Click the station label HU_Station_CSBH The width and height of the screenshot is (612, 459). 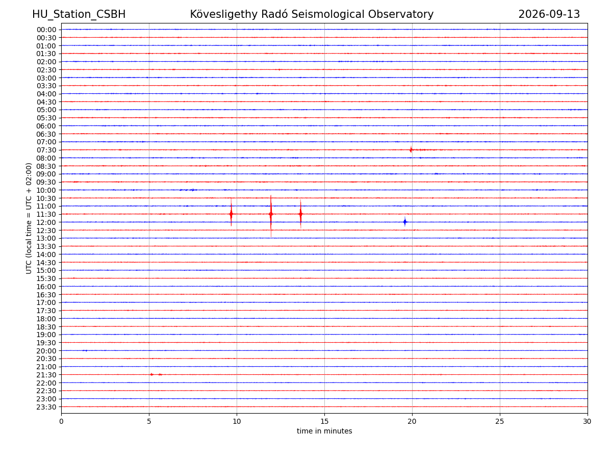pyautogui.click(x=79, y=14)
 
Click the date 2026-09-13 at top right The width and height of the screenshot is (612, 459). pyautogui.click(x=549, y=14)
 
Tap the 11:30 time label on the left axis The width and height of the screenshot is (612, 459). pyautogui.click(x=46, y=214)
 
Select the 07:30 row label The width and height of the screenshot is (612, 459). pyautogui.click(x=46, y=150)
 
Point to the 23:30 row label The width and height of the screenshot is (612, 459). pyautogui.click(x=46, y=407)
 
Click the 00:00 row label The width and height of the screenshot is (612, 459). pyautogui.click(x=46, y=30)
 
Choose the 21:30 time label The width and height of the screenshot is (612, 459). pyautogui.click(x=46, y=375)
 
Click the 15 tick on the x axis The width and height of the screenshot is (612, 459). pyautogui.click(x=324, y=421)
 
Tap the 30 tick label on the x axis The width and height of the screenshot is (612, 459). pyautogui.click(x=587, y=421)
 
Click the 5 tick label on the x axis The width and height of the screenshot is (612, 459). pyautogui.click(x=149, y=421)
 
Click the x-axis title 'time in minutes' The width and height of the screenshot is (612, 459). pyautogui.click(x=324, y=431)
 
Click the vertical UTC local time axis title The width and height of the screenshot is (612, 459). pyautogui.click(x=29, y=218)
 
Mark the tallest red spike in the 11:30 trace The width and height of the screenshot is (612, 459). pyautogui.click(x=271, y=216)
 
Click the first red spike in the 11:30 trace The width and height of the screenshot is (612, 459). pyautogui.click(x=231, y=212)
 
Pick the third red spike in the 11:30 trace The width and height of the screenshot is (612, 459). pyautogui.click(x=300, y=214)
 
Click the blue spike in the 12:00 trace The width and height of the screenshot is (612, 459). pyautogui.click(x=405, y=222)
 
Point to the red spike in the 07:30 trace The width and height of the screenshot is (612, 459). pyautogui.click(x=411, y=149)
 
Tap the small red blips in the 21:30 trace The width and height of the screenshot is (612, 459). pyautogui.click(x=156, y=374)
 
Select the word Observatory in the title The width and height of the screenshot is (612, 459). pyautogui.click(x=401, y=14)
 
